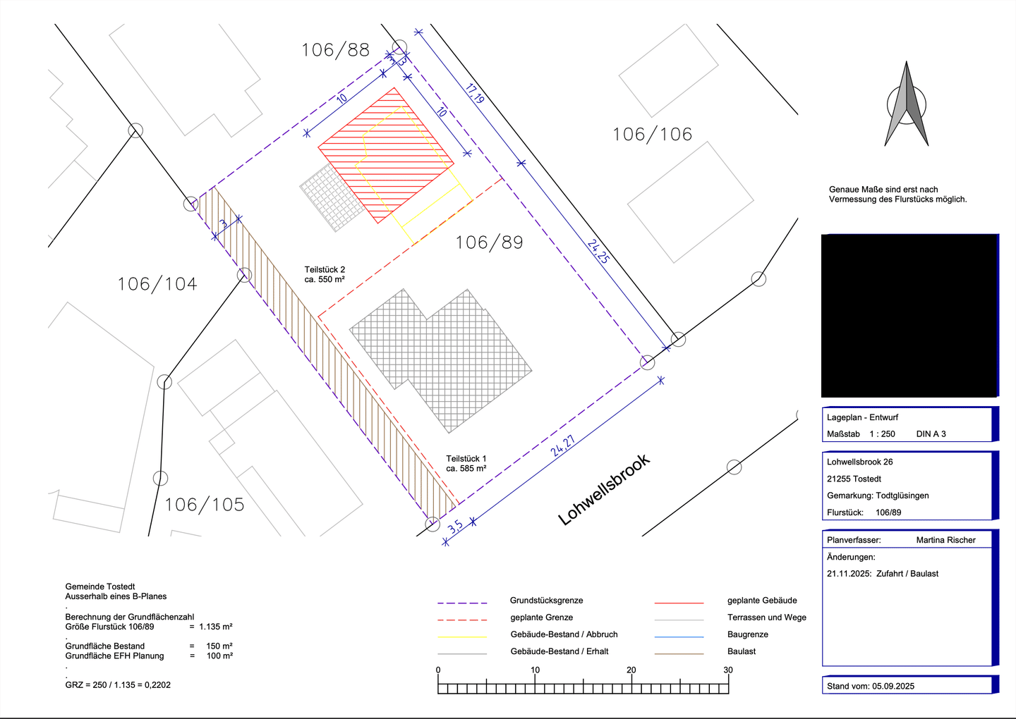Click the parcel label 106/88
pos(336,50)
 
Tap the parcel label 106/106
pos(652,135)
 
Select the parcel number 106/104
pos(157,284)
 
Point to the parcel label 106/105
pos(205,505)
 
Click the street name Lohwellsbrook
pos(604,490)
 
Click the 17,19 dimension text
pos(474,93)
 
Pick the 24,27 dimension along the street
pos(563,445)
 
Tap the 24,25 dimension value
pos(598,252)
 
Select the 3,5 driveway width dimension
pos(455,527)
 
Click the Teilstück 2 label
pos(325,269)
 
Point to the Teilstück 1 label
pos(466,458)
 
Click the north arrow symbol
pos(906,104)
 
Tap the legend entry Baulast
pos(742,651)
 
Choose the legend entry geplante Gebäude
pos(762,601)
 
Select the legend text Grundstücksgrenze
pos(546,601)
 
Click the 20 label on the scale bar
pos(631,670)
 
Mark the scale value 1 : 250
pos(882,434)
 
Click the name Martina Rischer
pos(945,540)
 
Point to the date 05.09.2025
pos(893,686)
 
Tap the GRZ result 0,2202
pos(157,685)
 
